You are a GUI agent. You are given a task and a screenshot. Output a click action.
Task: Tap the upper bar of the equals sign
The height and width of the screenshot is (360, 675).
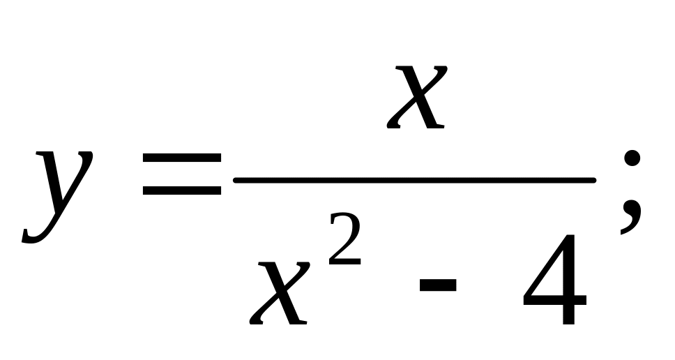coord(181,159)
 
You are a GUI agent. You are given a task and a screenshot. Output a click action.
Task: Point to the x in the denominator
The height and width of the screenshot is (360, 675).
coord(278,293)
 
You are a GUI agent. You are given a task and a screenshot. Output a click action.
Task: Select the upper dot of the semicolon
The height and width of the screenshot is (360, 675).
coord(632,158)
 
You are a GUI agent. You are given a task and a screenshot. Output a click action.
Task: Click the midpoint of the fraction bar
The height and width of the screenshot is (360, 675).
coord(415,179)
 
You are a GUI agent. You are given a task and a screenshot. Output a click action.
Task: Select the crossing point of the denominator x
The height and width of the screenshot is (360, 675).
coord(278,294)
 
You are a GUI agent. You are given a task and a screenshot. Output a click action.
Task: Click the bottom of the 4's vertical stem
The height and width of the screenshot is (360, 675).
coord(567,322)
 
